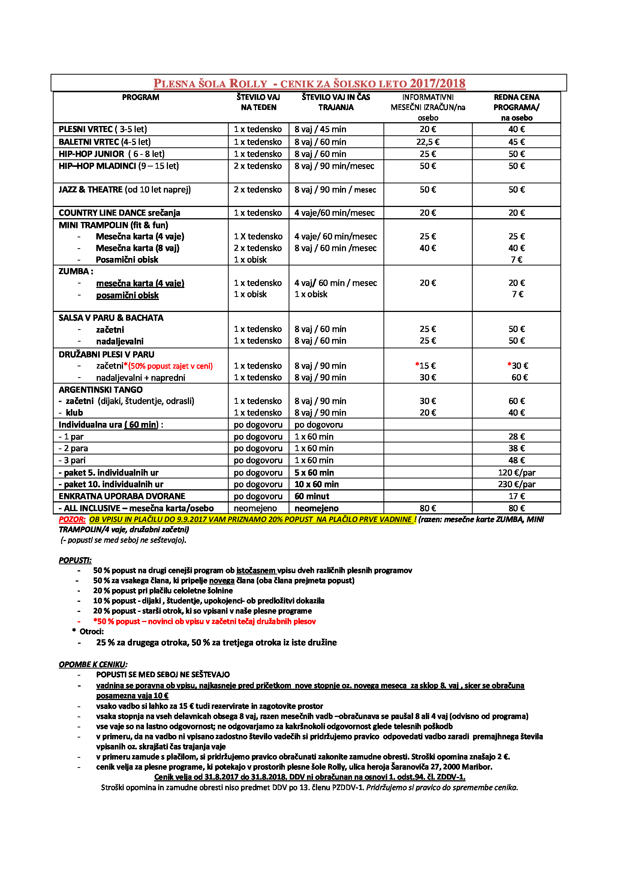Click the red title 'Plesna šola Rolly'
point(210,83)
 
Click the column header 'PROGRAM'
point(141,97)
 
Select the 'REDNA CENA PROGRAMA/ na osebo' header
point(516,107)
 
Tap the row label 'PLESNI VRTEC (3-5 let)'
point(103,129)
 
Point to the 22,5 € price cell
point(428,142)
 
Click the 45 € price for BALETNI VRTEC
point(516,142)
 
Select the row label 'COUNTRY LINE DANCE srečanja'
point(119,213)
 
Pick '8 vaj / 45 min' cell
point(320,129)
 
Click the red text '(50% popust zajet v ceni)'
point(170,366)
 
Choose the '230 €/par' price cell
point(516,484)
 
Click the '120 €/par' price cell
point(516,473)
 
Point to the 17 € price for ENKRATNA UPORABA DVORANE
point(516,496)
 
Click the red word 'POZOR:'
point(72,519)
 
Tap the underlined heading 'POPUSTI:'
point(75,560)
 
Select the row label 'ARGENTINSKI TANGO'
point(100,390)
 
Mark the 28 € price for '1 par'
point(516,436)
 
